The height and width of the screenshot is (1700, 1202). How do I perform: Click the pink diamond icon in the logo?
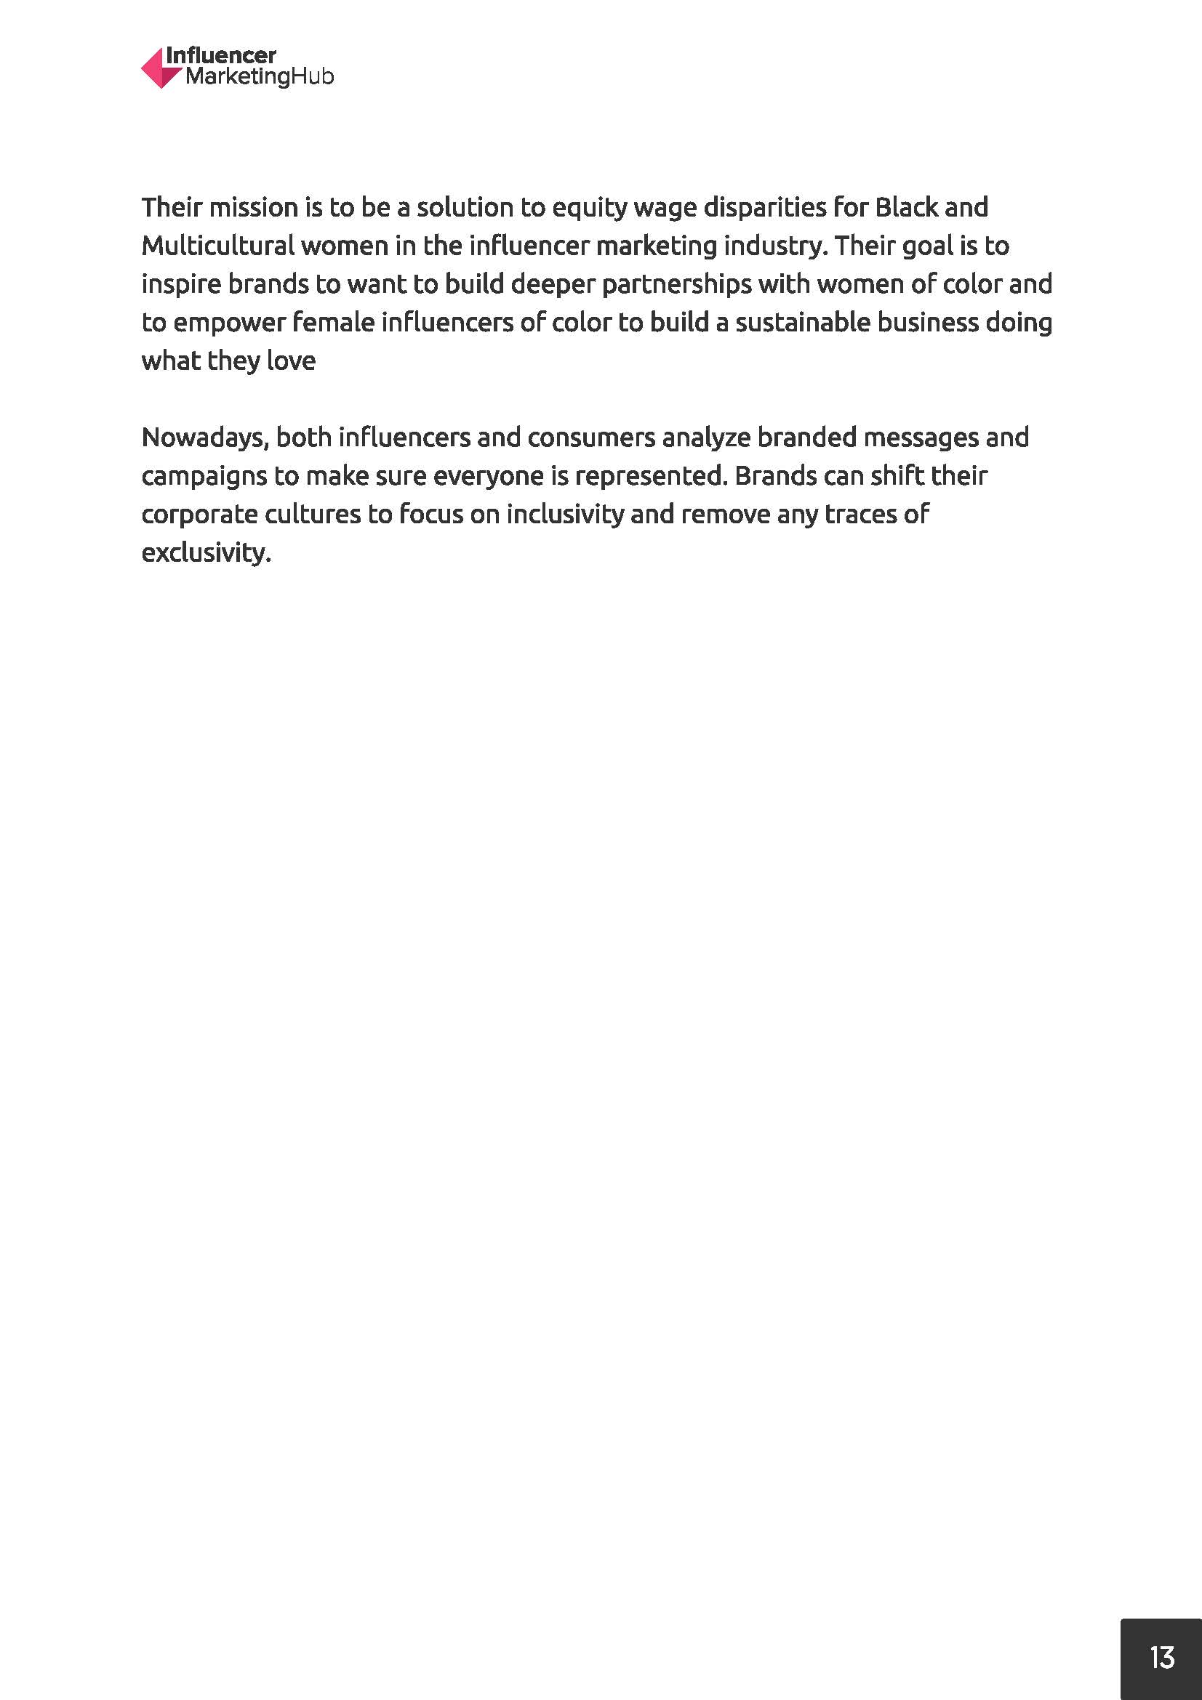click(x=160, y=68)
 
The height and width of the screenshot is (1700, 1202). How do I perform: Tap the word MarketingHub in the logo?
click(x=259, y=77)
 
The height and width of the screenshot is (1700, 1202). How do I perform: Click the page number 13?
click(x=1162, y=1657)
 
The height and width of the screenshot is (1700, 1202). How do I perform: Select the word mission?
click(x=253, y=208)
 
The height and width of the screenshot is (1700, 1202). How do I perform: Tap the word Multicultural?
click(x=217, y=246)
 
